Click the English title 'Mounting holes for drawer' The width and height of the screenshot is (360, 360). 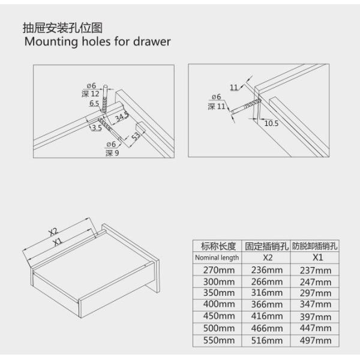pos(97,42)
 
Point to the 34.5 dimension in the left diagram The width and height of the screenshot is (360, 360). pos(122,116)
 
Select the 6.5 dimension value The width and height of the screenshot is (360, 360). pos(94,103)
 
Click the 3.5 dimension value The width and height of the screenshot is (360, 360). pos(96,128)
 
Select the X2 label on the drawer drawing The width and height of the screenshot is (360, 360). pos(53,231)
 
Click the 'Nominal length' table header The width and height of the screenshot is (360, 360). pos(217,257)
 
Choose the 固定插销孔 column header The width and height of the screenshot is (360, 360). pos(266,246)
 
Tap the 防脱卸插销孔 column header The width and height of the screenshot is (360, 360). pos(314,246)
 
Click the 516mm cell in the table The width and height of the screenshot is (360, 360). pos(266,340)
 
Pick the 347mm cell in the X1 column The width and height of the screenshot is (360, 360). pos(314,305)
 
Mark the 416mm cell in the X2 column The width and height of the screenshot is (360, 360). pos(266,317)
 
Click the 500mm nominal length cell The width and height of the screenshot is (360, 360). pos(217,329)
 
